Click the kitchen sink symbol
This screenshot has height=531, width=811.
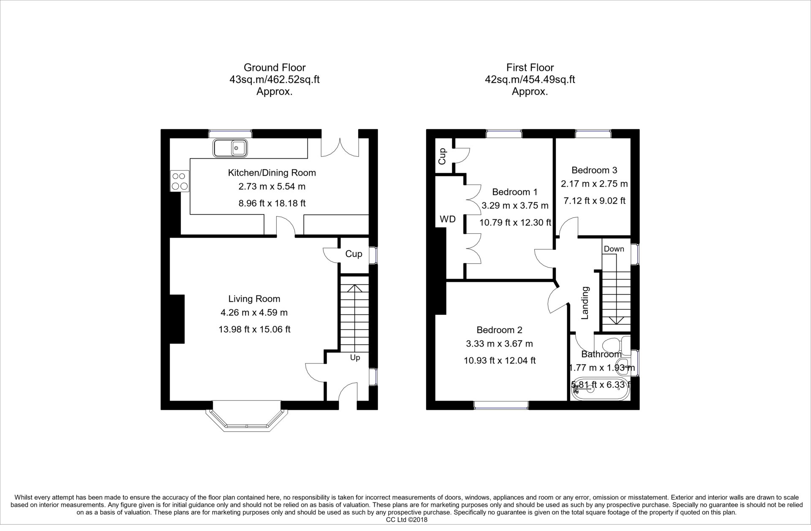coord(231,148)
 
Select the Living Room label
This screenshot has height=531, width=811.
coord(254,299)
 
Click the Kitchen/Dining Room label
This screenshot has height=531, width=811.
coord(272,173)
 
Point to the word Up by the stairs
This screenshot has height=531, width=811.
coord(355,358)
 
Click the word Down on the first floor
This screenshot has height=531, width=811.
coord(614,249)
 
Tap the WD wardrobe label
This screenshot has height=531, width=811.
coord(448,219)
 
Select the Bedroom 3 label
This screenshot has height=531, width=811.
coord(594,170)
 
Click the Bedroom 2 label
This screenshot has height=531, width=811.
coord(500,330)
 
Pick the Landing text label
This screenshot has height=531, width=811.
coord(585,303)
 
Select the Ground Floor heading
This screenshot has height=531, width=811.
coord(275,68)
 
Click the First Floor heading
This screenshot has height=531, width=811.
coord(530,68)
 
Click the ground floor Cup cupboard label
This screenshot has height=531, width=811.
coord(354,254)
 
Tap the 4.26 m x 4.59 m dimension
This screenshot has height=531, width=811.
coord(254,313)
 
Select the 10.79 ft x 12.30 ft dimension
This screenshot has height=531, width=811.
coord(515,222)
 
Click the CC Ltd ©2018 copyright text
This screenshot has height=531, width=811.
coord(407,520)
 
